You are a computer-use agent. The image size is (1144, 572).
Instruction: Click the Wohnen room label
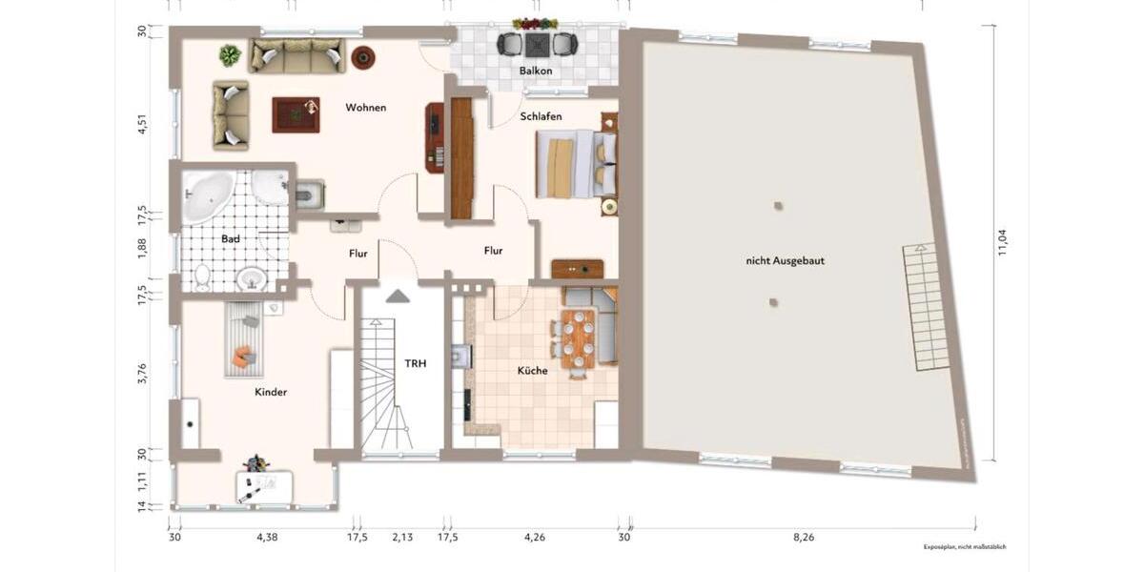[366, 108]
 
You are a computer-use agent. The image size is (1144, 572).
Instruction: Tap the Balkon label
[536, 71]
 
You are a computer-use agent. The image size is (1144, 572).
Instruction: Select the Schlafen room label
[541, 116]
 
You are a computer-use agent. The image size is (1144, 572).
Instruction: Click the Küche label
[532, 371]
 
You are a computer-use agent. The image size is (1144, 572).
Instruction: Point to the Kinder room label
[271, 392]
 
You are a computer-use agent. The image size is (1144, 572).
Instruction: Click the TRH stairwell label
[415, 363]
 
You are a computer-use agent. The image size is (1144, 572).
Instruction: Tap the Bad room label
[230, 238]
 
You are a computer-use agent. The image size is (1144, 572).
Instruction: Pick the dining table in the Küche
[576, 337]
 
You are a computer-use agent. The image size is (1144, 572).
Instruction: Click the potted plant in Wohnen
[230, 56]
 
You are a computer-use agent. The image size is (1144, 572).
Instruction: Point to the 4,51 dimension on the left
[142, 126]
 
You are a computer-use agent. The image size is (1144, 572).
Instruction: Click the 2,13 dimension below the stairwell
[401, 538]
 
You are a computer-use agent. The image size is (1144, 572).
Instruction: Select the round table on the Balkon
[536, 44]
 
